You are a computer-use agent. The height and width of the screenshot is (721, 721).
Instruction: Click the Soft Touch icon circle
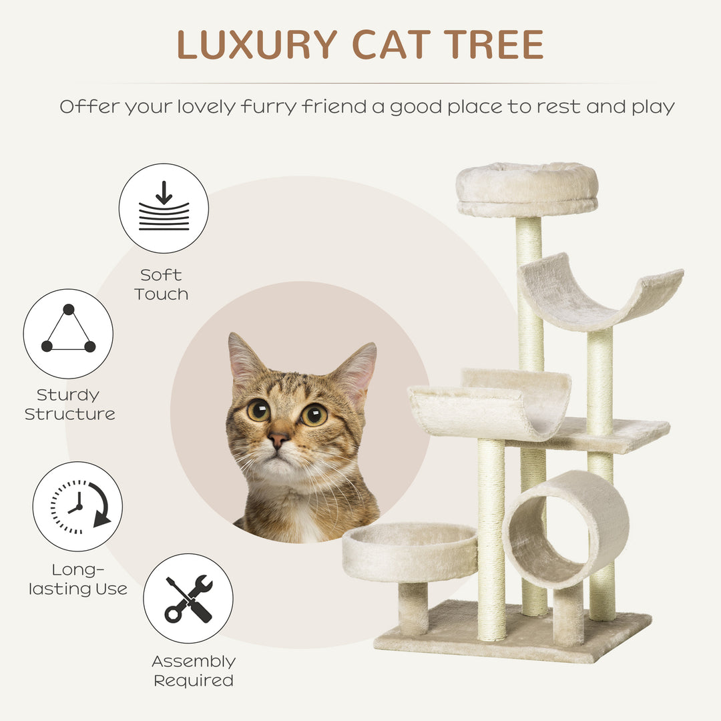click(x=164, y=208)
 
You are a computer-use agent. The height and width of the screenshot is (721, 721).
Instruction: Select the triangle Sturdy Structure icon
click(x=68, y=333)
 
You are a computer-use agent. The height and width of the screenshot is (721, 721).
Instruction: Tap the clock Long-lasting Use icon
click(x=77, y=506)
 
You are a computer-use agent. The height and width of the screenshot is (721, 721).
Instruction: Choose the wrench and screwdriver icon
click(x=188, y=598)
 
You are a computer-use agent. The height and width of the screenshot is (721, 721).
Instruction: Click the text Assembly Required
click(x=194, y=671)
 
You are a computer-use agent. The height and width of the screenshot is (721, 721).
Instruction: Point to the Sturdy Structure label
click(x=70, y=405)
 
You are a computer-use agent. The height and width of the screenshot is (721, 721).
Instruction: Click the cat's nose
click(x=278, y=439)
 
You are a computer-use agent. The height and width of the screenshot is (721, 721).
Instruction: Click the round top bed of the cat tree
click(x=527, y=189)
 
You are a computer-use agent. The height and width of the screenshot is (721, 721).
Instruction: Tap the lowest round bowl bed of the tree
click(x=410, y=550)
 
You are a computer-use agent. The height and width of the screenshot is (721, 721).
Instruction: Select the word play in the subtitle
click(x=654, y=107)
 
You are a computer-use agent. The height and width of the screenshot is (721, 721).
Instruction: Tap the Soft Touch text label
click(x=161, y=284)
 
